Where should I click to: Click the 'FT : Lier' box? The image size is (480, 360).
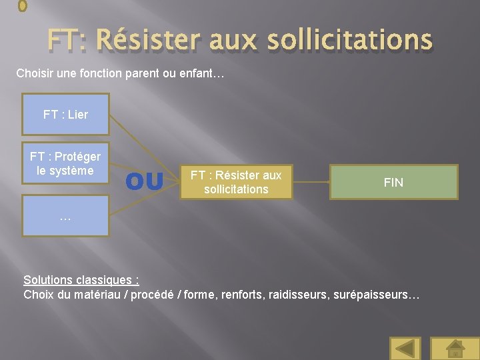coord(65,115)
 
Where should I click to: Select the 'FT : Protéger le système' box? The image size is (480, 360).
coord(65,164)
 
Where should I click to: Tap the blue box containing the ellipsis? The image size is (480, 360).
coord(65,216)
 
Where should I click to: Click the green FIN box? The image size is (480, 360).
coord(393,182)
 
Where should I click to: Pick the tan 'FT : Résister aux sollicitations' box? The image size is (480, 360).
coord(236,182)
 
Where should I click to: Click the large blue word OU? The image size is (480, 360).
coord(144,182)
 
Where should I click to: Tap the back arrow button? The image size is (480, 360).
coord(405,348)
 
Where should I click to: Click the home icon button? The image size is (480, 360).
coord(455,348)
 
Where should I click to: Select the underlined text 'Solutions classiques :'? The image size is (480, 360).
coord(81,280)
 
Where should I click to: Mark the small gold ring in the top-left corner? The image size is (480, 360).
coord(23,6)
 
